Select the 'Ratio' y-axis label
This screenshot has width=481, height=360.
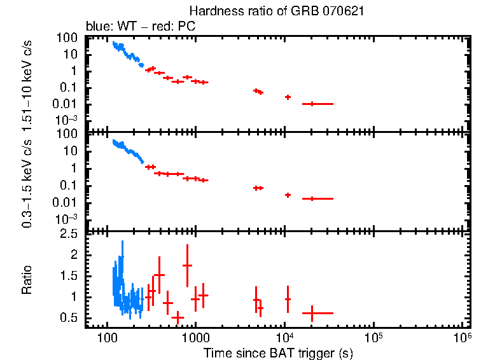tap(27, 281)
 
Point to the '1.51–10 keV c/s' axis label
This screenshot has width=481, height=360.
tap(27, 82)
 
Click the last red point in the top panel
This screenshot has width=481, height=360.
tap(312, 104)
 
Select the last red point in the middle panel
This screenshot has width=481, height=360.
tap(312, 198)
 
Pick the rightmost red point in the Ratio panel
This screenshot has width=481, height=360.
tap(312, 313)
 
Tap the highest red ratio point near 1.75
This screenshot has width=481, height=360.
tap(187, 265)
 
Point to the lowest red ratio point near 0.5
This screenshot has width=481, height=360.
tap(178, 317)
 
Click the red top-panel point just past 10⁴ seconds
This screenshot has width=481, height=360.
tap(288, 97)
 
